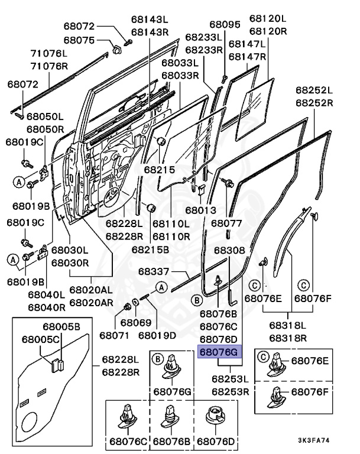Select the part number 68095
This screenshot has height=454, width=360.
pos(224,25)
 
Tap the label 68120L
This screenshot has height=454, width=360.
pos(267,19)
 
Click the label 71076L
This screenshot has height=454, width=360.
pos(50,53)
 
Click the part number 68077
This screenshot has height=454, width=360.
pos(226,223)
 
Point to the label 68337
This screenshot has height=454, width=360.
pos(154,272)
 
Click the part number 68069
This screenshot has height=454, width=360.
pos(136,323)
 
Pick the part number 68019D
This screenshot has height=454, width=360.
pos(157,335)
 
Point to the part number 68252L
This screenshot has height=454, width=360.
pos(314,90)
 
